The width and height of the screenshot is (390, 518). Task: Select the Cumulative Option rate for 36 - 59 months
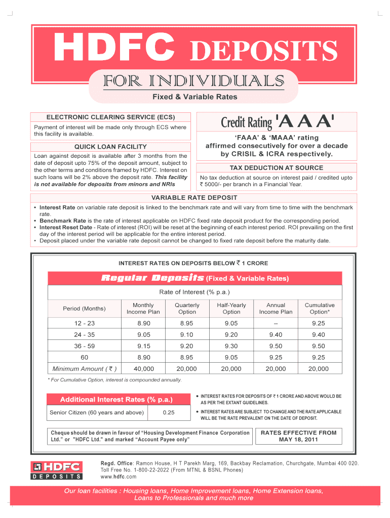pyautogui.click(x=319, y=346)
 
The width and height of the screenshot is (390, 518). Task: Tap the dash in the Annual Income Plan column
pyautogui.click(x=276, y=323)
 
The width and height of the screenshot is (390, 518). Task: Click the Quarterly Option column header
pyautogui.click(x=187, y=308)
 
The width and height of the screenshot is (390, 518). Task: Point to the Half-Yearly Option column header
pyautogui.click(x=231, y=308)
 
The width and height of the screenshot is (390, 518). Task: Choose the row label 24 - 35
pyautogui.click(x=84, y=334)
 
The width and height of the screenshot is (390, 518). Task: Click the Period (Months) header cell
pyautogui.click(x=84, y=309)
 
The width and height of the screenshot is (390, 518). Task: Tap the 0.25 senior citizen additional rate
pyautogui.click(x=169, y=413)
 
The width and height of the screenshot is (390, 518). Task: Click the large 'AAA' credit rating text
pyautogui.click(x=305, y=121)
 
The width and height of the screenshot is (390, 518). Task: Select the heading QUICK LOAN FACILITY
pyautogui.click(x=110, y=147)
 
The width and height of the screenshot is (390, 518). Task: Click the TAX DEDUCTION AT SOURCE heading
pyautogui.click(x=276, y=167)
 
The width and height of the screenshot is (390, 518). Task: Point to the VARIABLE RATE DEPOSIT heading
pyautogui.click(x=194, y=197)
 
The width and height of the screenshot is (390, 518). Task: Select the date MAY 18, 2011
pyautogui.click(x=298, y=439)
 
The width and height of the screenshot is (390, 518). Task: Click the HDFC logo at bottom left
pyautogui.click(x=57, y=470)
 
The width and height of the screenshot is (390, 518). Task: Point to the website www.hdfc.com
pyautogui.click(x=119, y=477)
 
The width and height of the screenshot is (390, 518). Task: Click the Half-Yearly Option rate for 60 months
pyautogui.click(x=231, y=357)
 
